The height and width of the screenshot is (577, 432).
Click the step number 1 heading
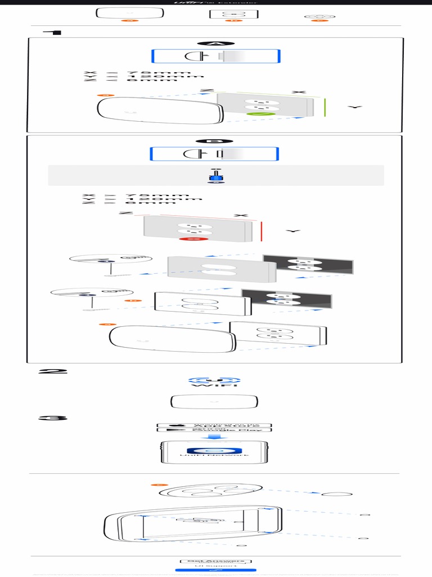(56, 32)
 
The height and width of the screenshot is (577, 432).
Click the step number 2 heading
(52, 371)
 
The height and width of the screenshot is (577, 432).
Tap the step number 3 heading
(53, 418)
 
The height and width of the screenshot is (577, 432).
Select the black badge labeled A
(215, 43)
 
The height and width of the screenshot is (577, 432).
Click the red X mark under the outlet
(193, 239)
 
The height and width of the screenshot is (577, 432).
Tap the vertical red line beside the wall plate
(262, 231)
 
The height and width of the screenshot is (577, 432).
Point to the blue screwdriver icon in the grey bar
(216, 176)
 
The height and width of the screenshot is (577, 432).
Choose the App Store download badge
(214, 425)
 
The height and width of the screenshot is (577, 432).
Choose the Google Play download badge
(214, 430)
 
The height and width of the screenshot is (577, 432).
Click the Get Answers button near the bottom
(215, 561)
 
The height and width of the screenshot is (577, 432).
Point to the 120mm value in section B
(164, 199)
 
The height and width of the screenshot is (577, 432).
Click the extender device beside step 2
(214, 402)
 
